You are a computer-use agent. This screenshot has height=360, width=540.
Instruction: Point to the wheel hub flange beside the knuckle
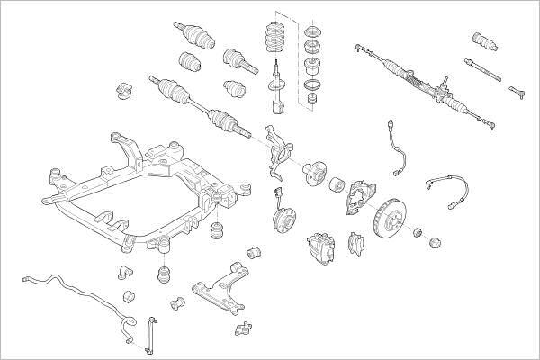pyautogui.click(x=317, y=171)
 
